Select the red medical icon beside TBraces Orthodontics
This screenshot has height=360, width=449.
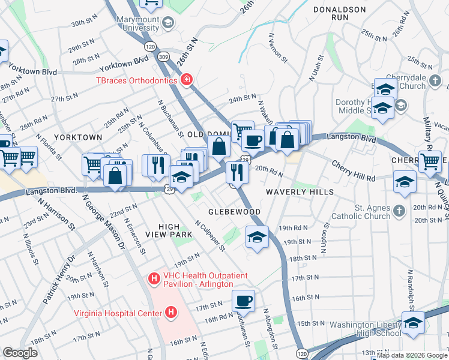187,80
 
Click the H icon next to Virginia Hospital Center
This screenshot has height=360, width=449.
171,313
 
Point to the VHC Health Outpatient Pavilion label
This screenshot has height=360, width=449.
203,279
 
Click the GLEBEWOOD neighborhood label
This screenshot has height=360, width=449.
234,212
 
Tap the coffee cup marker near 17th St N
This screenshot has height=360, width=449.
243,301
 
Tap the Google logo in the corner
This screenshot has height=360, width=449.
20,352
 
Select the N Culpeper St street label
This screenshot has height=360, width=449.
209,235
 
